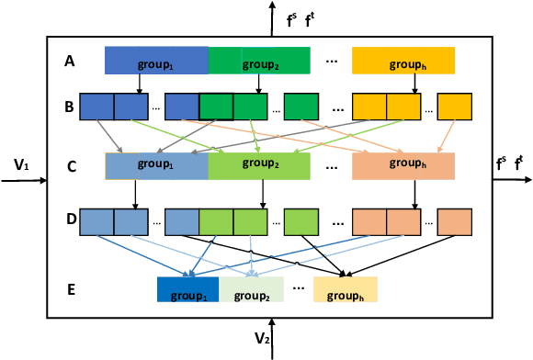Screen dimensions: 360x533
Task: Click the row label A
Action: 70,62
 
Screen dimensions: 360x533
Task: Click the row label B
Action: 70,107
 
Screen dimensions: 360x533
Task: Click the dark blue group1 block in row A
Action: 156,61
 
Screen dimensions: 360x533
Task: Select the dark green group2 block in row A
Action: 260,61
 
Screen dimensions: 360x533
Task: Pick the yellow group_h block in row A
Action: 403,61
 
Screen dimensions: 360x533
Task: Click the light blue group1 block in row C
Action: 156,166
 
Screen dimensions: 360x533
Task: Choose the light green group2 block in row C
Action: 260,166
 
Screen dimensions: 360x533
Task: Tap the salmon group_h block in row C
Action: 403,166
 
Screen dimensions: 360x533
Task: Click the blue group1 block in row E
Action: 187,289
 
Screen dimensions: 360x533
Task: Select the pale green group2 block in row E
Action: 251,289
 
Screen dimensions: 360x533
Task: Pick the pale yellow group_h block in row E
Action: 346,289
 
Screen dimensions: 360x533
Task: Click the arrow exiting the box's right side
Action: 512,181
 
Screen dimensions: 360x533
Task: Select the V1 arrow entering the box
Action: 23,181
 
